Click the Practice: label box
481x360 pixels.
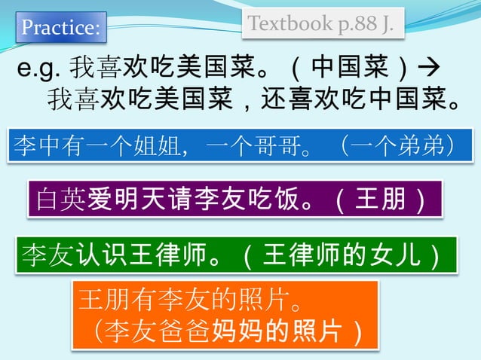[60, 29]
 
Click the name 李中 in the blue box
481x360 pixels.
[39, 145]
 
